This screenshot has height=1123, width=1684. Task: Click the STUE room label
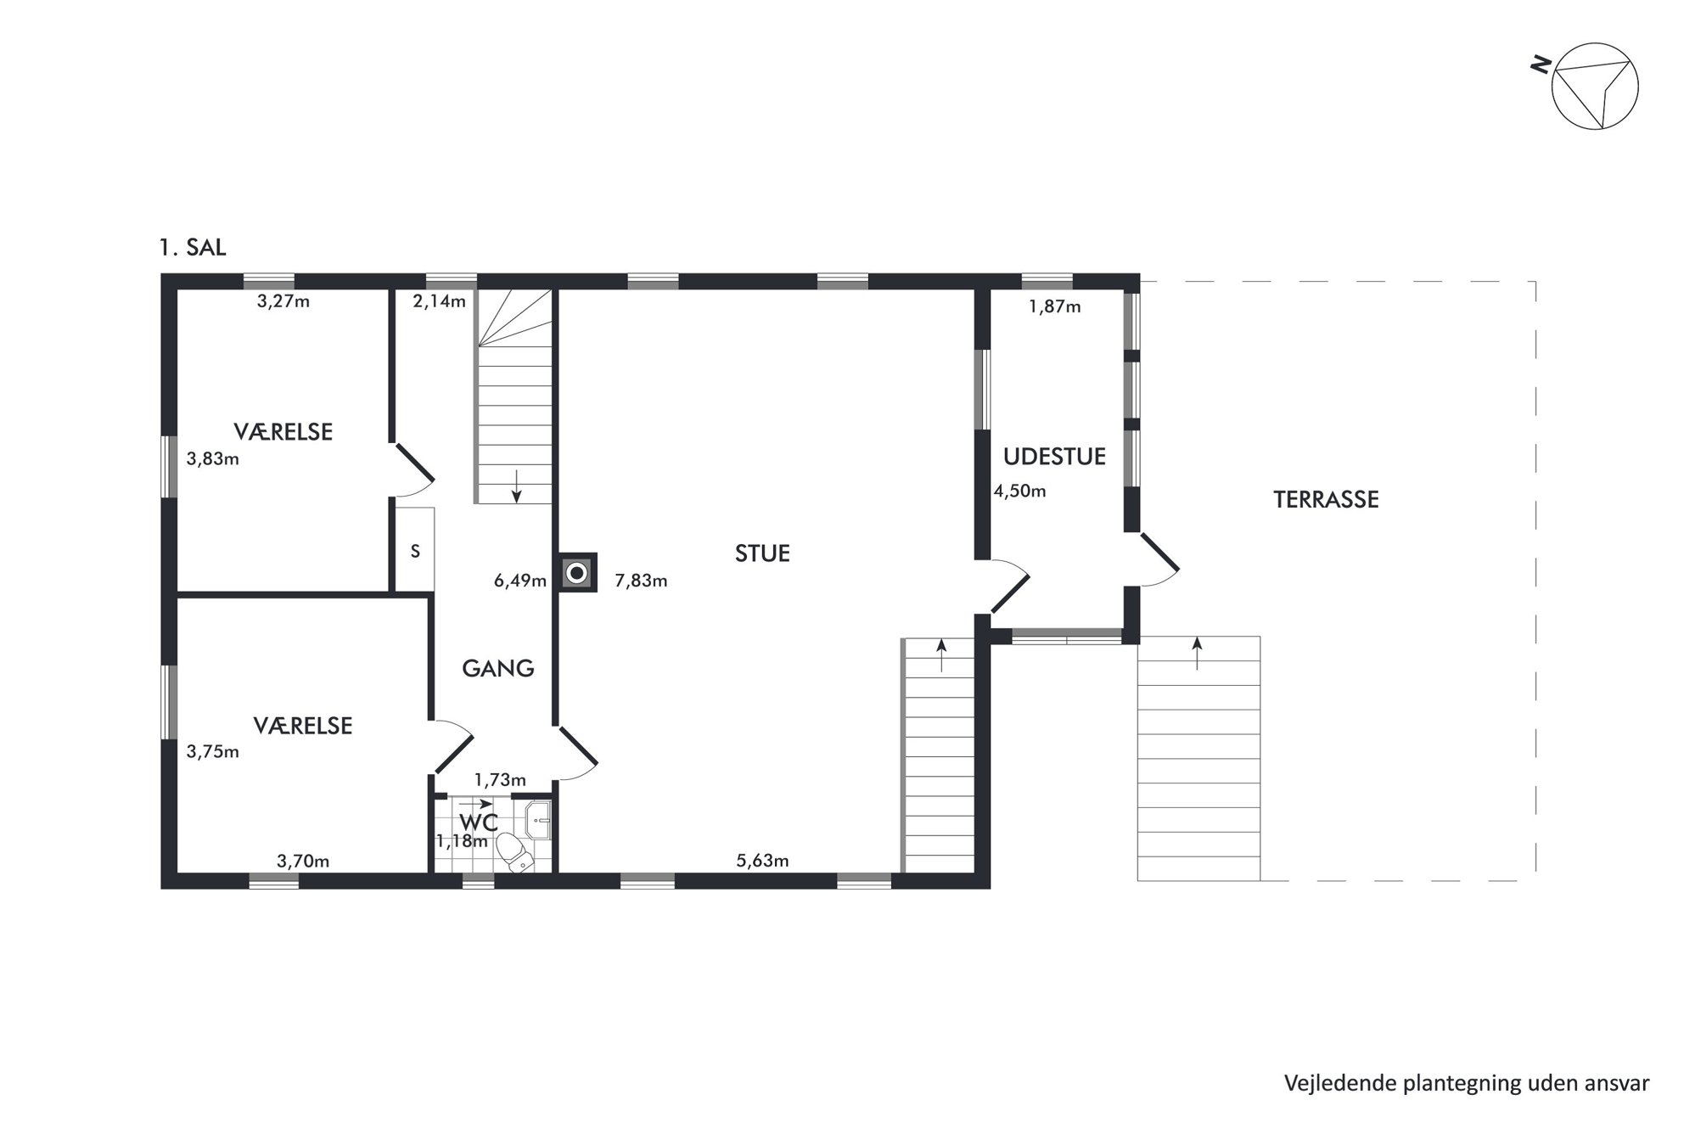tap(762, 553)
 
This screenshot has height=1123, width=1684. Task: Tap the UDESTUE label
tap(1054, 457)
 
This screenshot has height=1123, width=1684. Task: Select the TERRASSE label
tap(1326, 499)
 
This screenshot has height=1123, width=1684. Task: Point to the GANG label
tap(497, 669)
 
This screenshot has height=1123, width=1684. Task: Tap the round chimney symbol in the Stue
tap(577, 573)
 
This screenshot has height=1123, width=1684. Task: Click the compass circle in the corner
tap(1595, 87)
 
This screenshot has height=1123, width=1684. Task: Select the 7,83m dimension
tap(641, 581)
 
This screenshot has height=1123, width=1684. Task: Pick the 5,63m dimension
tap(762, 861)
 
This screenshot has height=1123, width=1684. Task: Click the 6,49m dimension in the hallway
tap(520, 581)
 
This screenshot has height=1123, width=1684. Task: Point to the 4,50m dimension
tap(1020, 491)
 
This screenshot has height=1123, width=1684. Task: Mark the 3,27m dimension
tap(283, 301)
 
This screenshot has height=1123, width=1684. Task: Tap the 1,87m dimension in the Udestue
tap(1055, 307)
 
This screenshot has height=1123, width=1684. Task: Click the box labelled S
tap(415, 549)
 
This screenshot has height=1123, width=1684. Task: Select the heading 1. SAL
tap(193, 248)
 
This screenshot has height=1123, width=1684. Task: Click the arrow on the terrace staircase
tap(1198, 654)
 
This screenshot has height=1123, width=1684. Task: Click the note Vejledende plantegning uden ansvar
tap(1467, 1084)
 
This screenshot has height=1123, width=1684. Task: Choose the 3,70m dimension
tap(303, 862)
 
